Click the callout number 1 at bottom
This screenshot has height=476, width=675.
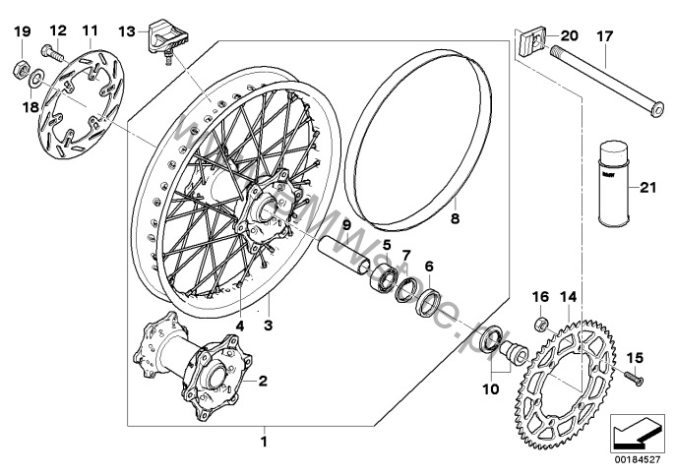tap(263, 443)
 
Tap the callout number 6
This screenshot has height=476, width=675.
tap(428, 266)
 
